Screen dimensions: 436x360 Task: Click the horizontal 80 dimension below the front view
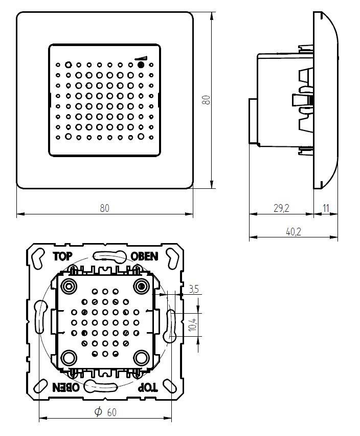(x=104, y=208)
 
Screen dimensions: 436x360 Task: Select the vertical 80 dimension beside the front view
(x=207, y=99)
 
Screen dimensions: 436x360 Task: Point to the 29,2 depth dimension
(x=281, y=208)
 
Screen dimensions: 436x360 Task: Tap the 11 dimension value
(x=326, y=208)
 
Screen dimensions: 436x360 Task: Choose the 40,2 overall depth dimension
(x=293, y=231)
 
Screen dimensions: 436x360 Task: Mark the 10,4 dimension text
(x=192, y=324)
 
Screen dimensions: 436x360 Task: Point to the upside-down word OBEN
(x=66, y=387)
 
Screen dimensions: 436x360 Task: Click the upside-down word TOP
(x=148, y=387)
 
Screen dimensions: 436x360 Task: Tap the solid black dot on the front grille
(x=141, y=66)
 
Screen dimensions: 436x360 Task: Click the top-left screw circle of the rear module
(x=69, y=285)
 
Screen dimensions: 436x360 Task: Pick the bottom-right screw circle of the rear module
(x=141, y=357)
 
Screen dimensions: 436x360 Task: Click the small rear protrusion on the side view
(x=252, y=121)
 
